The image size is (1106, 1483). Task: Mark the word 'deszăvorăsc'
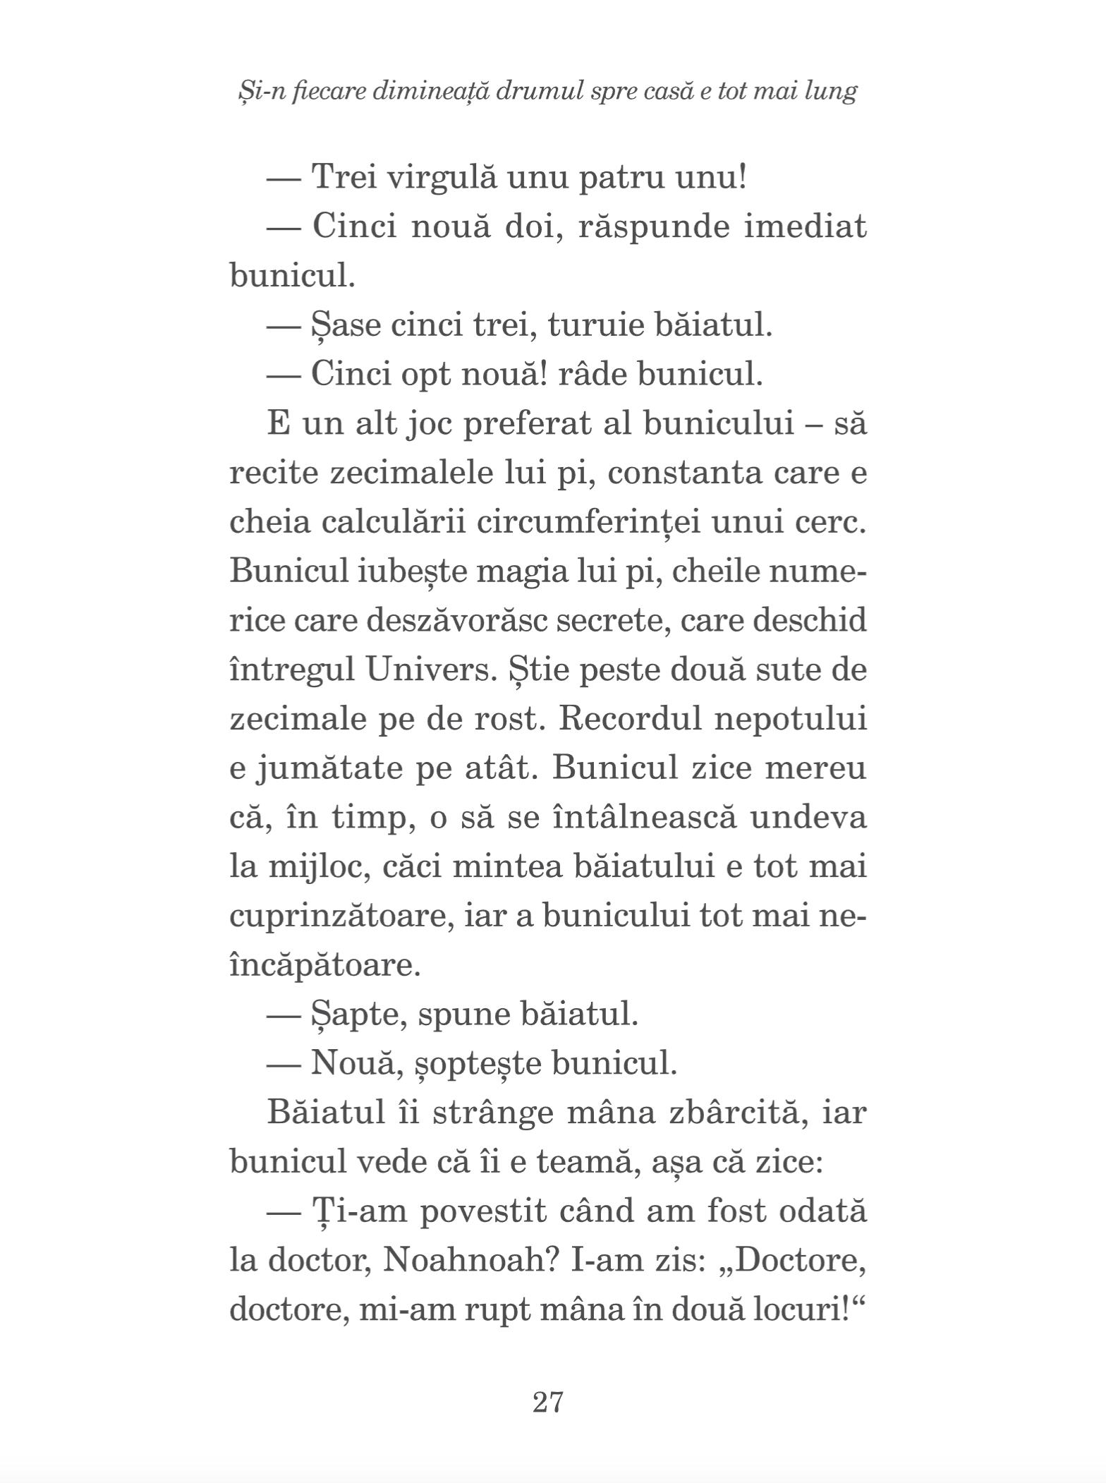[455, 621]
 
